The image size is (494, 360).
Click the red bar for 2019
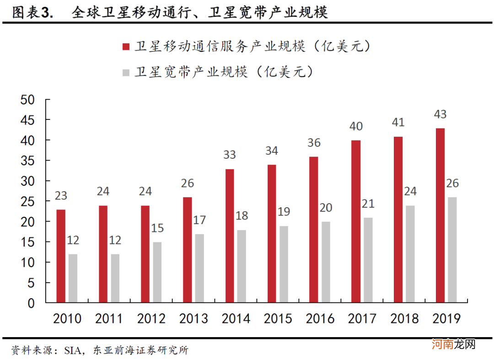coord(440,215)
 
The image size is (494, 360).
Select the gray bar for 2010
coord(73,278)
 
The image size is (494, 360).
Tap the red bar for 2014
coord(230,236)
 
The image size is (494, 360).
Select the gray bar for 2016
coord(326,262)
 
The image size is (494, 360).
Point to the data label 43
coord(440,114)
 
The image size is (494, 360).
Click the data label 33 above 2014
coord(229,155)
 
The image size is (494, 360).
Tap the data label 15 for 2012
coord(158,228)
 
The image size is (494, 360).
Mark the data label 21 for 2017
coord(368,203)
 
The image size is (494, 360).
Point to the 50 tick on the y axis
coord(27,100)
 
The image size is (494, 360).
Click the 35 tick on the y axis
coord(27,161)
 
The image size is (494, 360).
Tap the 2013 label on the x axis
coord(193,318)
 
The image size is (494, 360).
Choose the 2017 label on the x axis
coord(362,318)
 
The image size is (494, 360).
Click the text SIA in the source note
coord(74,351)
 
